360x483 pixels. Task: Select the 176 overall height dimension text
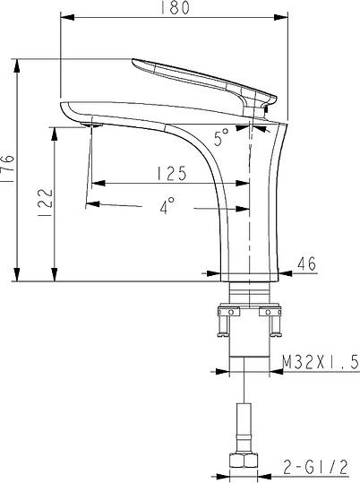pyautogui.click(x=8, y=169)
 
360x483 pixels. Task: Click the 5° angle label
pyautogui.click(x=220, y=135)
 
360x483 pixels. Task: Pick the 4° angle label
pyautogui.click(x=166, y=206)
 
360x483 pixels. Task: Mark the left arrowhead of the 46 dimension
pyautogui.click(x=213, y=272)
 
